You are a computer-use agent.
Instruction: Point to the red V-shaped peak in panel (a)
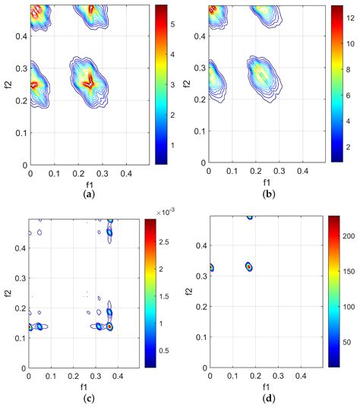click(x=90, y=82)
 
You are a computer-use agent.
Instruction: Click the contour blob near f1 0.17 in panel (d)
click(x=249, y=267)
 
